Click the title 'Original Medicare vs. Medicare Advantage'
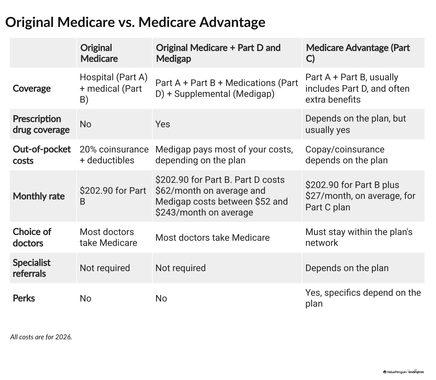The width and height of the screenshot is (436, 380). pyautogui.click(x=135, y=22)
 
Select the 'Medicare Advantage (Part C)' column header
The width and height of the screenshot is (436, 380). pyautogui.click(x=357, y=53)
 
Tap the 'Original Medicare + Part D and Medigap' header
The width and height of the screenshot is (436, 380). pyautogui.click(x=218, y=53)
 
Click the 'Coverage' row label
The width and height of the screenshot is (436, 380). pyautogui.click(x=32, y=88)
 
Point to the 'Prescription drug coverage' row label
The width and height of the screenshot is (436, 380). pyautogui.click(x=41, y=124)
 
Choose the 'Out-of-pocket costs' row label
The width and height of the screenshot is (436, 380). pyautogui.click(x=42, y=155)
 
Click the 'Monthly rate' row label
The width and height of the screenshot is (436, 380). pyautogui.click(x=39, y=196)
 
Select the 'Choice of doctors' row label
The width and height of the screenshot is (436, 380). pyautogui.click(x=32, y=237)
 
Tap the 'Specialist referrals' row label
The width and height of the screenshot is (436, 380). pyautogui.click(x=32, y=268)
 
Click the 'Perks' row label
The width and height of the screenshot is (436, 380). pyautogui.click(x=24, y=298)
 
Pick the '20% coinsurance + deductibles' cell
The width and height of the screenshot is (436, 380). pyautogui.click(x=114, y=155)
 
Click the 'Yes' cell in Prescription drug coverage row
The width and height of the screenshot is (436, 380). pyautogui.click(x=163, y=124)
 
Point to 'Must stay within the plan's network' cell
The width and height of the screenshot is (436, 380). pyautogui.click(x=359, y=237)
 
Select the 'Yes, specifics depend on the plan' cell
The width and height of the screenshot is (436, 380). pyautogui.click(x=363, y=298)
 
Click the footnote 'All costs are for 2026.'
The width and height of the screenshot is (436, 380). pyautogui.click(x=41, y=337)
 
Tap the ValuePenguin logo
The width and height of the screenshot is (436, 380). pyautogui.click(x=395, y=372)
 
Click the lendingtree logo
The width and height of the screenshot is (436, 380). pyautogui.click(x=416, y=372)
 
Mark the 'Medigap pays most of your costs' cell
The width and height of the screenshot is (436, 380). pyautogui.click(x=224, y=155)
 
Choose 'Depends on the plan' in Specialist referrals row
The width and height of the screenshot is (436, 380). pyautogui.click(x=347, y=268)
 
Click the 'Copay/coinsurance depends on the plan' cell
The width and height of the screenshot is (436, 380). pyautogui.click(x=346, y=155)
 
